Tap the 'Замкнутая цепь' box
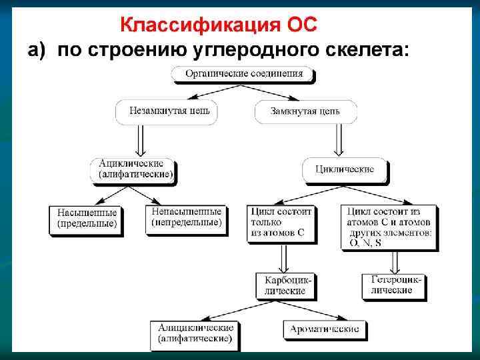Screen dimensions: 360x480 (x=305, y=111)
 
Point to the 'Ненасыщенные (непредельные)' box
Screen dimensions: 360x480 (x=186, y=217)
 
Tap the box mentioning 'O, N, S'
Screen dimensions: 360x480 (x=389, y=227)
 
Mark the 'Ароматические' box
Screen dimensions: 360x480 (x=325, y=329)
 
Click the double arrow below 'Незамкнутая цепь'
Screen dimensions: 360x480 (x=141, y=140)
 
